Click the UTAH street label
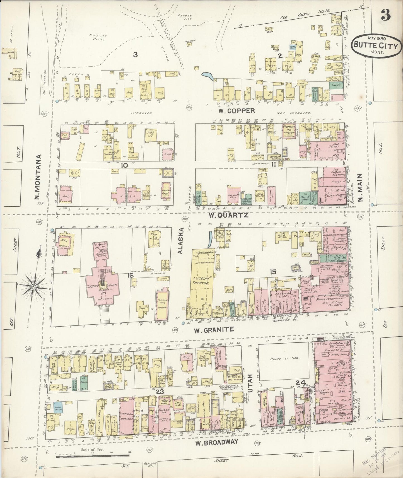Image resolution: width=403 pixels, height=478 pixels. point(250,382)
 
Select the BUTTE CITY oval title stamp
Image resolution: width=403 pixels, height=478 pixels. point(376,46)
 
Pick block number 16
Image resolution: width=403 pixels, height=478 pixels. point(130,276)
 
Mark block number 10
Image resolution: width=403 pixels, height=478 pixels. point(124,165)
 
